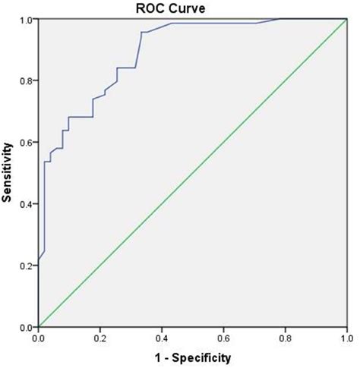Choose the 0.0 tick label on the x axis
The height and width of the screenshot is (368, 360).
click(39, 337)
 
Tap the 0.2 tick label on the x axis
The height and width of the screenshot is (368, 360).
click(100, 337)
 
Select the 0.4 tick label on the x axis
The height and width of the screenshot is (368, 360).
click(162, 337)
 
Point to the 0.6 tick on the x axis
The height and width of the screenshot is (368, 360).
click(223, 337)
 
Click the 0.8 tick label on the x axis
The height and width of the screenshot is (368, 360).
click(285, 337)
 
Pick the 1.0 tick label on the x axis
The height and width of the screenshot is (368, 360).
click(346, 337)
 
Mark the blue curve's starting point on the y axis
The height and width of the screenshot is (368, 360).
click(39, 259)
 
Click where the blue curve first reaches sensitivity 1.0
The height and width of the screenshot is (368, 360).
click(279, 20)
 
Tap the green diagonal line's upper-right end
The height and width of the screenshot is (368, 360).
click(346, 20)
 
